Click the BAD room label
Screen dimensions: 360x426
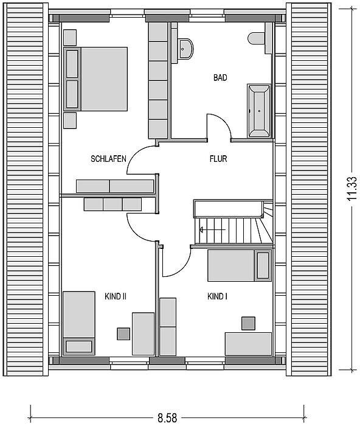(220, 78)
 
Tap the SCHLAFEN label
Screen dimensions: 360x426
(108, 159)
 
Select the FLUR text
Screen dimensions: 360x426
(218, 159)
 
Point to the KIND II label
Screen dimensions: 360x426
(116, 296)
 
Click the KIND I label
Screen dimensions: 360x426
(217, 296)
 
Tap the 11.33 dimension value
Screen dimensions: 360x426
(352, 188)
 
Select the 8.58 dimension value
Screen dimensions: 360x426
(167, 417)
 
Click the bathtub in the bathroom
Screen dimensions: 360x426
(258, 111)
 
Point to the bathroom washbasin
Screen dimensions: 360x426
(185, 49)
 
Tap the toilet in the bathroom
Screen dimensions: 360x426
(256, 38)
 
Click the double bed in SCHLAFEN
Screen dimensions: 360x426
(95, 79)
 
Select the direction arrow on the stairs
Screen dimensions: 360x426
(212, 230)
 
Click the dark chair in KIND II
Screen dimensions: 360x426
(123, 334)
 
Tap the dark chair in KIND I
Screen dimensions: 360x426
(248, 324)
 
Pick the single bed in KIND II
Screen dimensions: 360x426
(79, 323)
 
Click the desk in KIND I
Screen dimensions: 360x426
(249, 344)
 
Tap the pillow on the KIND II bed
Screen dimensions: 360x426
(79, 347)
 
